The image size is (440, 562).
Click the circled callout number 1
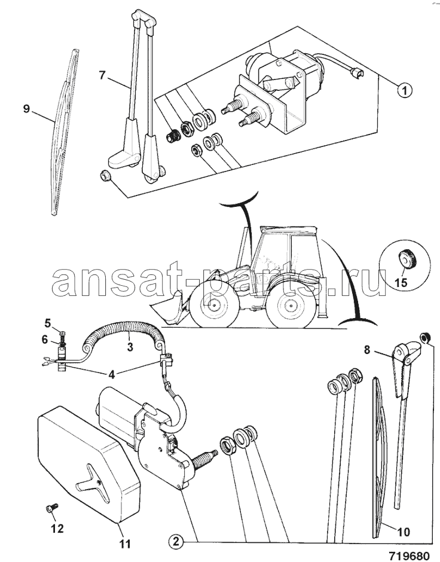405,90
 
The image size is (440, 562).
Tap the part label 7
102,75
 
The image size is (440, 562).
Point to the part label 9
26,108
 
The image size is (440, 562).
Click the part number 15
402,282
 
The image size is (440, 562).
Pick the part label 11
125,543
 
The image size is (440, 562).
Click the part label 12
57,528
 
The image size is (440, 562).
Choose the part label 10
404,532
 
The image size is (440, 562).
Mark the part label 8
366,350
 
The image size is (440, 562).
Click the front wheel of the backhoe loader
214,304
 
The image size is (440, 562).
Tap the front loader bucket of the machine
169,309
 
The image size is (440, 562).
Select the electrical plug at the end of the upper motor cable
356,74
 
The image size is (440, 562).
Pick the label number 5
47,323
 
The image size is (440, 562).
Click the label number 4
111,375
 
